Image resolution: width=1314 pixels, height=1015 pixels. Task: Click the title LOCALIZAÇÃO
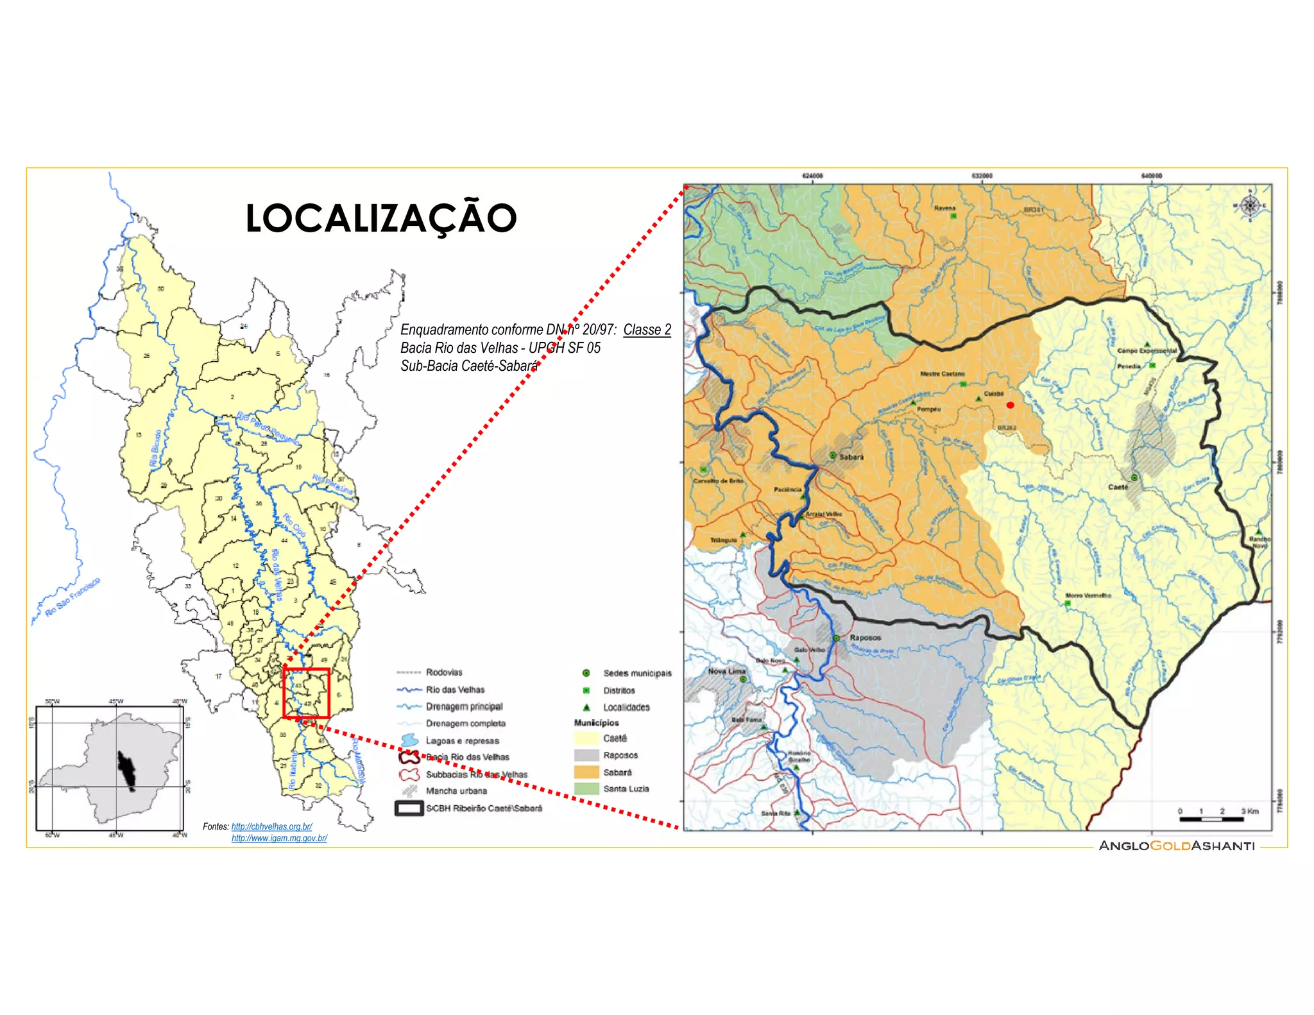(381, 218)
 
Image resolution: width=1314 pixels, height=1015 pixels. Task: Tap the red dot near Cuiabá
(1010, 405)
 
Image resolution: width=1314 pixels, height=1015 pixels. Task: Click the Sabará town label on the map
(851, 457)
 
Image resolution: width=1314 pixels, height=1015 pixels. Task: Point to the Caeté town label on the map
(1118, 487)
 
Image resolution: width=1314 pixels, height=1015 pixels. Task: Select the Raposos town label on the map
(865, 638)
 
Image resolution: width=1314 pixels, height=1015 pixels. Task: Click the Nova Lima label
(726, 671)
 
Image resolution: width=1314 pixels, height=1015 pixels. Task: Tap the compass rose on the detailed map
(1249, 206)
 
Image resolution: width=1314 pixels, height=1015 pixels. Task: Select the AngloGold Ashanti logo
(1176, 846)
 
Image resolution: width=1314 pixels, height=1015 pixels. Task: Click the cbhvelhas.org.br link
(271, 826)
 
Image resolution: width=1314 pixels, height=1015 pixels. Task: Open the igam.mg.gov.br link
(279, 838)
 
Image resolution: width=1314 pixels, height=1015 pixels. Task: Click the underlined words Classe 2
(647, 330)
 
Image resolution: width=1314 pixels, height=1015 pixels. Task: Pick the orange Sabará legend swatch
(586, 772)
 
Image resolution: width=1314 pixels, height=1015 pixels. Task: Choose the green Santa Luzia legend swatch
(586, 789)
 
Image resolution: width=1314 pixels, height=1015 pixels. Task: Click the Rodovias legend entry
(443, 672)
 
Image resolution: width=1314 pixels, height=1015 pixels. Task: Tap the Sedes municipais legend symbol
(586, 673)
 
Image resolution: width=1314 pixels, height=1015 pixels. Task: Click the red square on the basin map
(306, 693)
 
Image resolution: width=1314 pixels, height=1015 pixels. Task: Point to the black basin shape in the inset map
(127, 770)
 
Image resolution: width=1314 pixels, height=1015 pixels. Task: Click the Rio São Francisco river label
(72, 598)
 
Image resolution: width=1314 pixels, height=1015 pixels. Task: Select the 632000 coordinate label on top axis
(982, 176)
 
